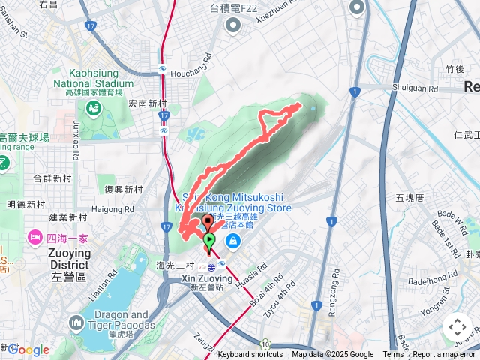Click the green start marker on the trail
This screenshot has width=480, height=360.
209,240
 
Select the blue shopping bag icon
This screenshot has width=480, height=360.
232,241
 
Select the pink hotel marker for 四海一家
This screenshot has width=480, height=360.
34,238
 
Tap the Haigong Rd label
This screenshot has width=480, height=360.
114,209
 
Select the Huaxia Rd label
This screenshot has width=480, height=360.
253,277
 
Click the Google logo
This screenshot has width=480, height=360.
28,349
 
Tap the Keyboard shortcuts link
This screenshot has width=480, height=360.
250,355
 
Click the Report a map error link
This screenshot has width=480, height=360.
445,355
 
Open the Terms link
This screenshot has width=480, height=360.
393,355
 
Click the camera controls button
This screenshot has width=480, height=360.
457,327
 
